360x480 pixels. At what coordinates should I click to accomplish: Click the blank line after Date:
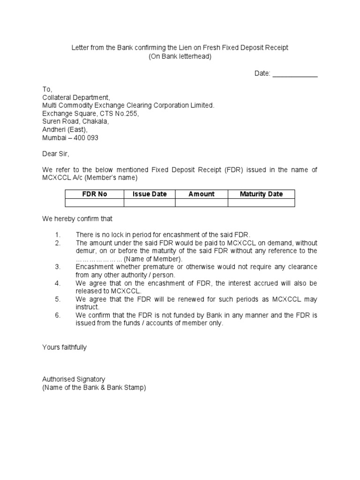coord(295,74)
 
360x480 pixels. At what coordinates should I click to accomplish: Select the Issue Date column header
coord(150,194)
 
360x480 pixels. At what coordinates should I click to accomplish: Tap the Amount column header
coord(202,194)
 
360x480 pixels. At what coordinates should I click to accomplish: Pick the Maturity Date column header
coord(261,194)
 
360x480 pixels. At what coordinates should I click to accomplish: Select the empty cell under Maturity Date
coord(261,202)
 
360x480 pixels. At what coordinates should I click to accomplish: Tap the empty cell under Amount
coord(202,202)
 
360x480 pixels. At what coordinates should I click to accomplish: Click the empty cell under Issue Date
coord(150,202)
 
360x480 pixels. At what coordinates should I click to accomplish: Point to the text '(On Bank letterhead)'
coord(180,57)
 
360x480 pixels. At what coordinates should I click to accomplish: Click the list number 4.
coord(58,283)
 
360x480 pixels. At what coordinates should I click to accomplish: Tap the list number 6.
coord(58,315)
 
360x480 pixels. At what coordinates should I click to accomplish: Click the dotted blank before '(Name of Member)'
coord(99,259)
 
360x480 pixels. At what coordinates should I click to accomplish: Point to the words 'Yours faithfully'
coord(64,347)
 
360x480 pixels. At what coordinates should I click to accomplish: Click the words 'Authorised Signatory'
coord(74,379)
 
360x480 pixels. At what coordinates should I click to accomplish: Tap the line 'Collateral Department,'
coord(76,97)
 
